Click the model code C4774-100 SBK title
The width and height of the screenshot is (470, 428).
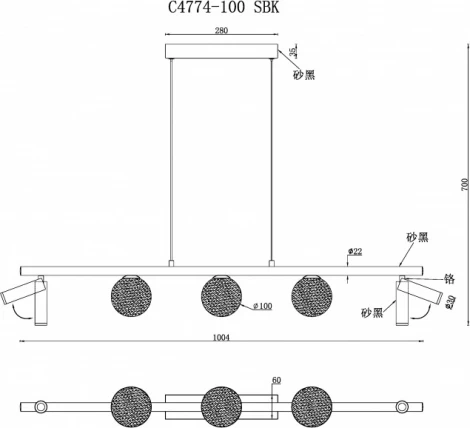click(223, 7)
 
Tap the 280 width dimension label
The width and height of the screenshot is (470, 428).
click(221, 30)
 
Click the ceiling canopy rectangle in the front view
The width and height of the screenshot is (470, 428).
click(222, 51)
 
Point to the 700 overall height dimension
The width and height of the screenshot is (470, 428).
click(465, 185)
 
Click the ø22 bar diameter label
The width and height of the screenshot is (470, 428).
click(355, 251)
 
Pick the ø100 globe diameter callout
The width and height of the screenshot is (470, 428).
click(263, 306)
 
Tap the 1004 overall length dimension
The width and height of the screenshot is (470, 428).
click(221, 338)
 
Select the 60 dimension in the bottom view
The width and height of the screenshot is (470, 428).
click(277, 380)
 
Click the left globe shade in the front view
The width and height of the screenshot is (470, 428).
click(131, 296)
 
